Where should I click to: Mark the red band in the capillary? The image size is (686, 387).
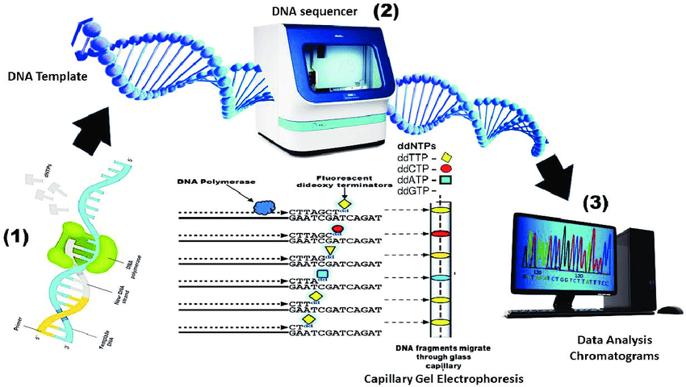tap(441, 233)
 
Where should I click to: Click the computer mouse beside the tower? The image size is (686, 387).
tap(669, 310)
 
